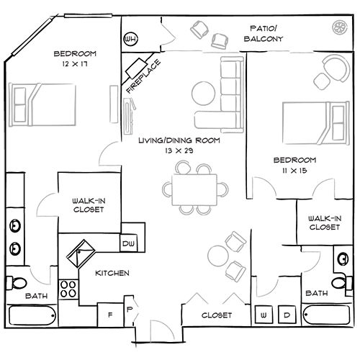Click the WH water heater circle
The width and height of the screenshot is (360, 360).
[131, 39]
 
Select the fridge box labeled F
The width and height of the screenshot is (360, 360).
[112, 315]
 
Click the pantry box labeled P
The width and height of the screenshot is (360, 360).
[129, 311]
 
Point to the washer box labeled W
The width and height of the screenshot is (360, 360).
[264, 315]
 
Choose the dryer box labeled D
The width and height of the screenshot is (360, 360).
[286, 315]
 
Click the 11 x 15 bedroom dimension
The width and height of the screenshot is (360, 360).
[294, 170]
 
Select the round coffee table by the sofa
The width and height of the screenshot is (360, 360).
[204, 94]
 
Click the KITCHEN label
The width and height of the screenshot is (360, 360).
[113, 274]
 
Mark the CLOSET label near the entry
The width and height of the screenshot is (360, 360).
[217, 315]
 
